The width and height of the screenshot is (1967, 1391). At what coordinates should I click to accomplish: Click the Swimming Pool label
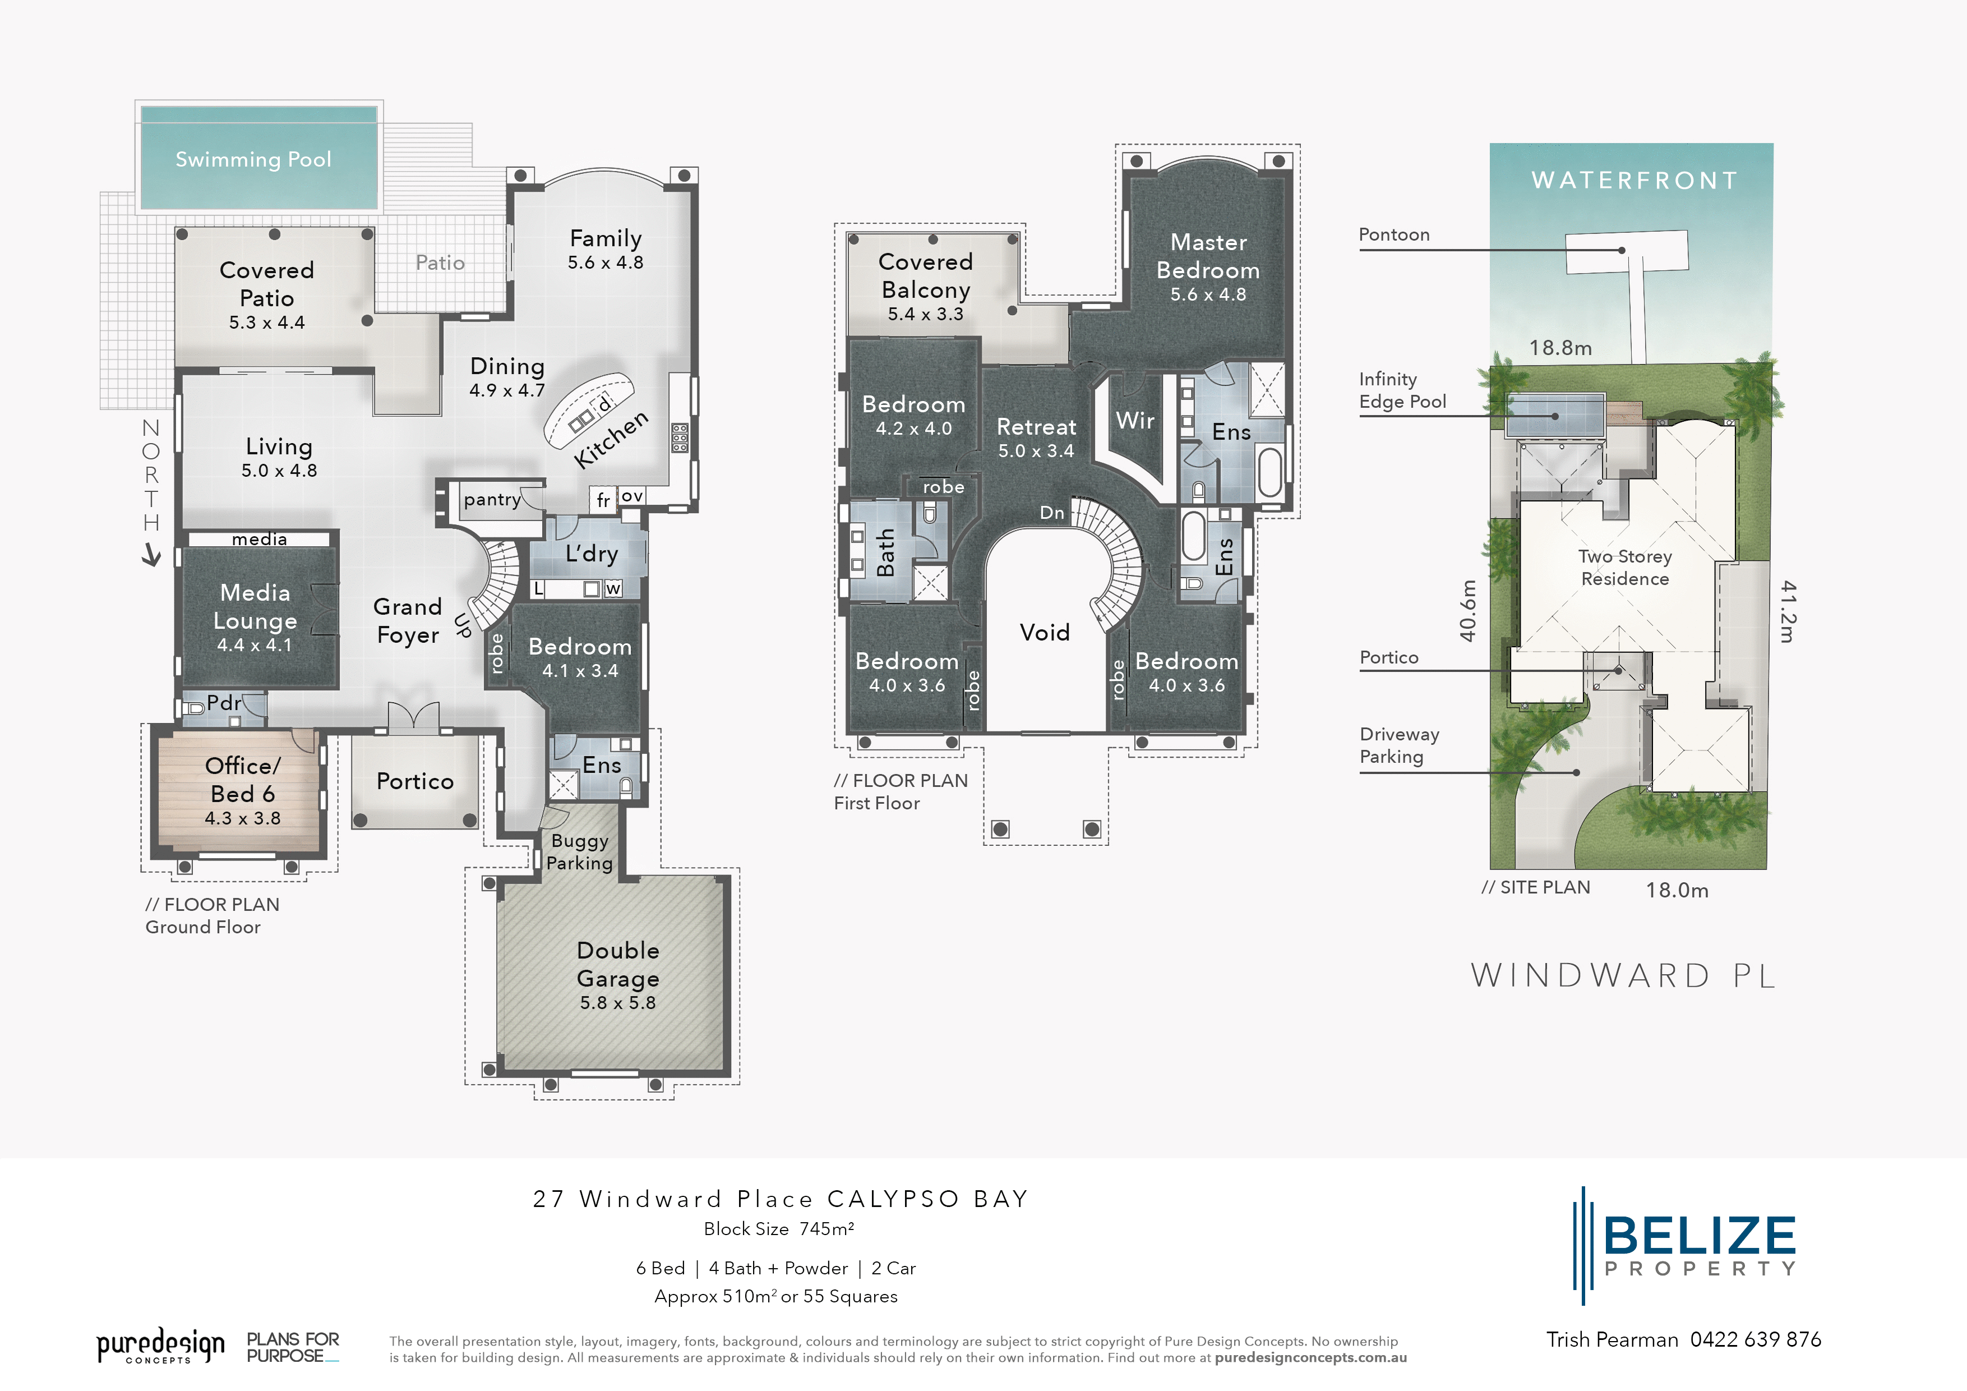pyautogui.click(x=253, y=159)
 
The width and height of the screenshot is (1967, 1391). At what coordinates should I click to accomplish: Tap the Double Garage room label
pyautogui.click(x=618, y=964)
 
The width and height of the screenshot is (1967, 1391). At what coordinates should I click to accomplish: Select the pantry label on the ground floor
pyautogui.click(x=492, y=500)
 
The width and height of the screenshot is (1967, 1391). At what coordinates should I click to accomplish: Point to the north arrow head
pyautogui.click(x=151, y=558)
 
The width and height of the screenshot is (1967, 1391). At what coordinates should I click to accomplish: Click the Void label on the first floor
pyautogui.click(x=1044, y=633)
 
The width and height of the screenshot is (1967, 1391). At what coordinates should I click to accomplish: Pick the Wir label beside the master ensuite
pyautogui.click(x=1135, y=421)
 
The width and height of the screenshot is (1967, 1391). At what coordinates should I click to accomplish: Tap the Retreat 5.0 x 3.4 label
pyautogui.click(x=1036, y=437)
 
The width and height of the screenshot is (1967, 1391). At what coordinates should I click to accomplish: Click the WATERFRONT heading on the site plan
pyautogui.click(x=1634, y=181)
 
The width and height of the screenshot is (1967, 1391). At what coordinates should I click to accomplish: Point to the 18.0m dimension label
pyautogui.click(x=1677, y=891)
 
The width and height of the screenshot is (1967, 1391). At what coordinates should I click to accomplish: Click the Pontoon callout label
pyautogui.click(x=1394, y=235)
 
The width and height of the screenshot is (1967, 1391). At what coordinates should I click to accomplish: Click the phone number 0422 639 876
pyautogui.click(x=1756, y=1339)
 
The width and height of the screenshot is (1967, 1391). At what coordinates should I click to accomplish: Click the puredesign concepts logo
pyautogui.click(x=160, y=1346)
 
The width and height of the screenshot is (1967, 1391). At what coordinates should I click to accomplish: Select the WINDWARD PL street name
pyautogui.click(x=1623, y=976)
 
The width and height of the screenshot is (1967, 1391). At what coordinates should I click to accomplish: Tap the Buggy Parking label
pyautogui.click(x=580, y=852)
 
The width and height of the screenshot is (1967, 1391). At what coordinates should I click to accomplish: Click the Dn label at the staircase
pyautogui.click(x=1051, y=513)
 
